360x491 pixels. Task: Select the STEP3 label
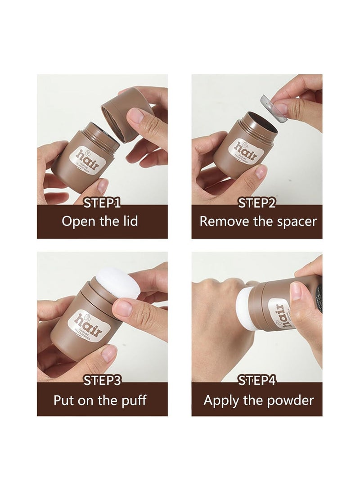click(102, 381)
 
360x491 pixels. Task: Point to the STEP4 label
click(256, 381)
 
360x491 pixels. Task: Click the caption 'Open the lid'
click(99, 221)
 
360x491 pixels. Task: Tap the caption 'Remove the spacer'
click(258, 221)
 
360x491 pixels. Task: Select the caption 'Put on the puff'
click(100, 400)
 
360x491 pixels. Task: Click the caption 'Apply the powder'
click(258, 400)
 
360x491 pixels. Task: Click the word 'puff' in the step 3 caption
click(135, 400)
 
